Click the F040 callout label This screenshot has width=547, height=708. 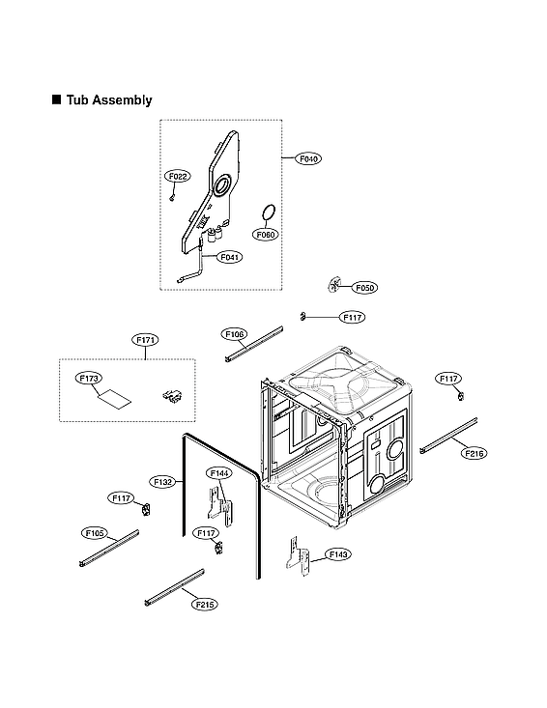(x=309, y=157)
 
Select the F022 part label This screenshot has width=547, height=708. (x=178, y=177)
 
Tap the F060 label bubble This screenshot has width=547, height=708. (x=266, y=234)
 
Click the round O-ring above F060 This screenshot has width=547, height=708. (x=270, y=212)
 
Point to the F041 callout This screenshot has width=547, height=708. (x=230, y=257)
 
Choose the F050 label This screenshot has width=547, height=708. (x=364, y=288)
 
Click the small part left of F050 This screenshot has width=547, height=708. (x=335, y=283)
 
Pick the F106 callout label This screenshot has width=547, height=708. (x=235, y=334)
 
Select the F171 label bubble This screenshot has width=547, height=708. (x=145, y=340)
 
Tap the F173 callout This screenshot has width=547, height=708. (x=89, y=380)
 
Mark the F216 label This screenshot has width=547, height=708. (x=474, y=453)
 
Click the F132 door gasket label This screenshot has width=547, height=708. (x=163, y=481)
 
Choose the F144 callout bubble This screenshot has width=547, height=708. (x=219, y=473)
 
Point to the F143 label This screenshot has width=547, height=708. (x=338, y=554)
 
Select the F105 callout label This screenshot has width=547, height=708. (x=94, y=532)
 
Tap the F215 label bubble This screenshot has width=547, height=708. (x=203, y=604)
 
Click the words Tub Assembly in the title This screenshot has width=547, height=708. (x=109, y=100)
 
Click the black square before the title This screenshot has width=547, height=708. (x=57, y=99)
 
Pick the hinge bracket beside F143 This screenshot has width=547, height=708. (x=298, y=559)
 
